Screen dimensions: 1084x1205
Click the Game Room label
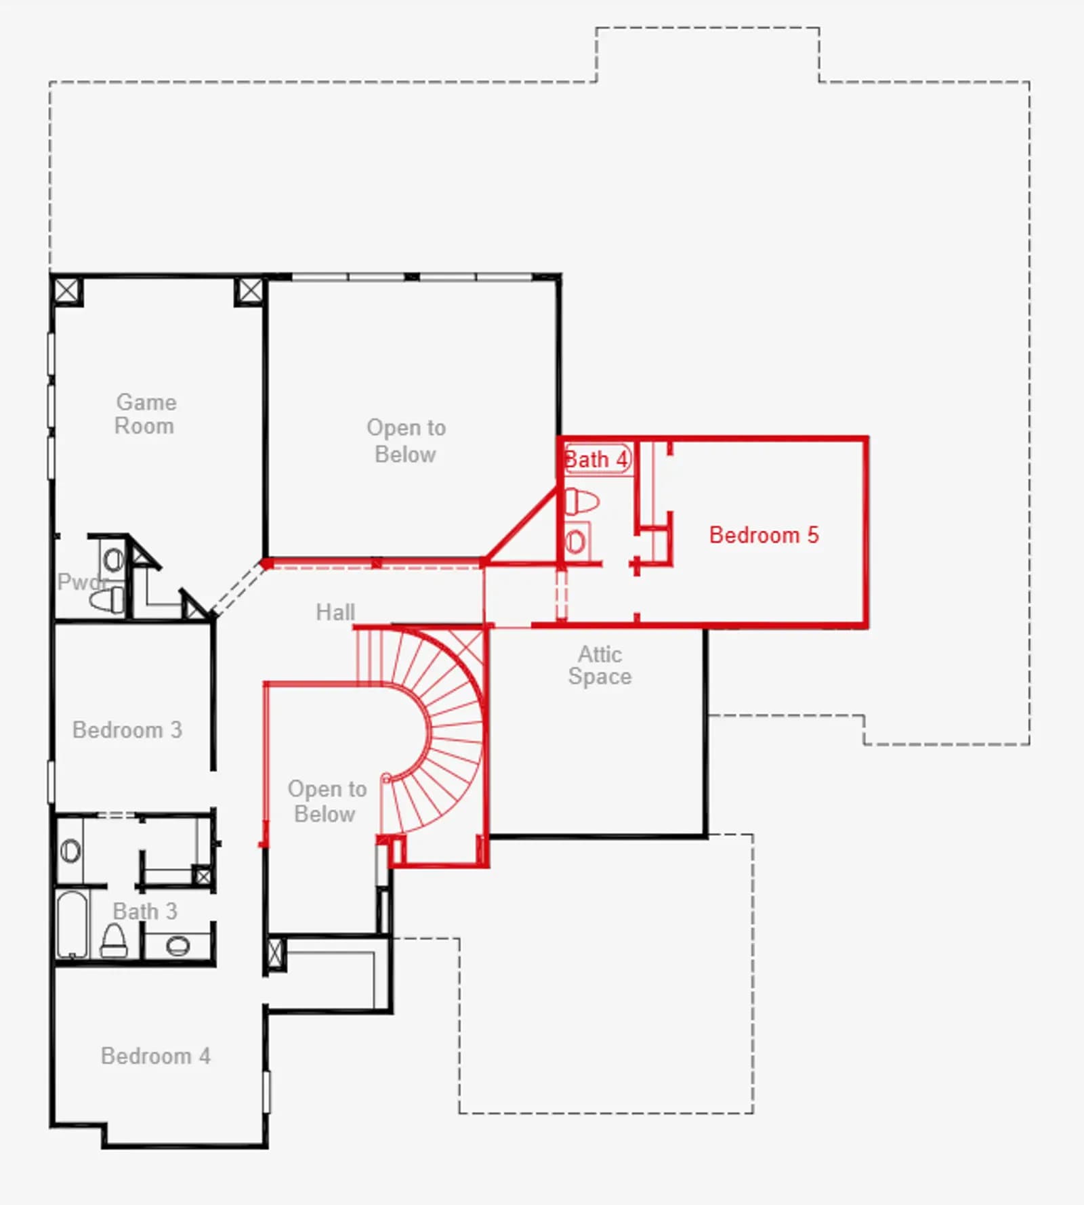coord(146,414)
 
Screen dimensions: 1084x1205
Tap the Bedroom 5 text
coord(764,535)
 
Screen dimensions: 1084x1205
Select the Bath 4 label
coord(596,459)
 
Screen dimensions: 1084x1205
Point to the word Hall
coord(335,612)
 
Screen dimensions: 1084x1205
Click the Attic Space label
coord(600,665)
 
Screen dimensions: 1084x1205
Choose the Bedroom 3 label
coord(127,730)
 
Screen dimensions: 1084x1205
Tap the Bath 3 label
coord(145,911)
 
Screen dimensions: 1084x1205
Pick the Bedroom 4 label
coord(156,1056)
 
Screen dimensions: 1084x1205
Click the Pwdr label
coord(82,582)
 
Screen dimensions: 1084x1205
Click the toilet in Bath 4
coord(582,502)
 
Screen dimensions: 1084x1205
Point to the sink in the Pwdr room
coord(113,559)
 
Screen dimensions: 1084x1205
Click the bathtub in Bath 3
coord(72,925)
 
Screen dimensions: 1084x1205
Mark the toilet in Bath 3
coord(114,941)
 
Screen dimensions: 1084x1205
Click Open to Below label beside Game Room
coord(406,440)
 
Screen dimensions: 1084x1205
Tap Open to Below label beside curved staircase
coord(327,801)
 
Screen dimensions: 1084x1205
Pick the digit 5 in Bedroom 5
coord(813,535)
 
